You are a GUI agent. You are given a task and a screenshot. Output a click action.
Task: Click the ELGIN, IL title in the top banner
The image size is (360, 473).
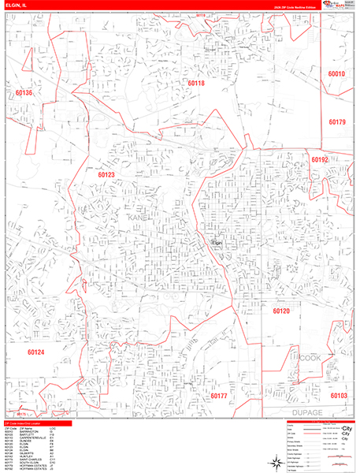(x=16, y=5)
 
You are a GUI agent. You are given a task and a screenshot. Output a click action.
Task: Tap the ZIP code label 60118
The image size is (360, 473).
(x=196, y=83)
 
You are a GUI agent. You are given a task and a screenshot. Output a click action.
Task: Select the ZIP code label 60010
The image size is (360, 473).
(x=337, y=73)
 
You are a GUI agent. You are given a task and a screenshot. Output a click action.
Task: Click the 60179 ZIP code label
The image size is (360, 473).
(x=337, y=121)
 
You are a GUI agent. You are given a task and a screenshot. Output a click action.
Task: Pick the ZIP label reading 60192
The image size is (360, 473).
(x=319, y=159)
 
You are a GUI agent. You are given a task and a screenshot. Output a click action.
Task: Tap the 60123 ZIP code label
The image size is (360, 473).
(x=106, y=174)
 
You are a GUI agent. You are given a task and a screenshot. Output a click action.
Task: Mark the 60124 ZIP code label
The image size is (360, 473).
(x=36, y=352)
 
